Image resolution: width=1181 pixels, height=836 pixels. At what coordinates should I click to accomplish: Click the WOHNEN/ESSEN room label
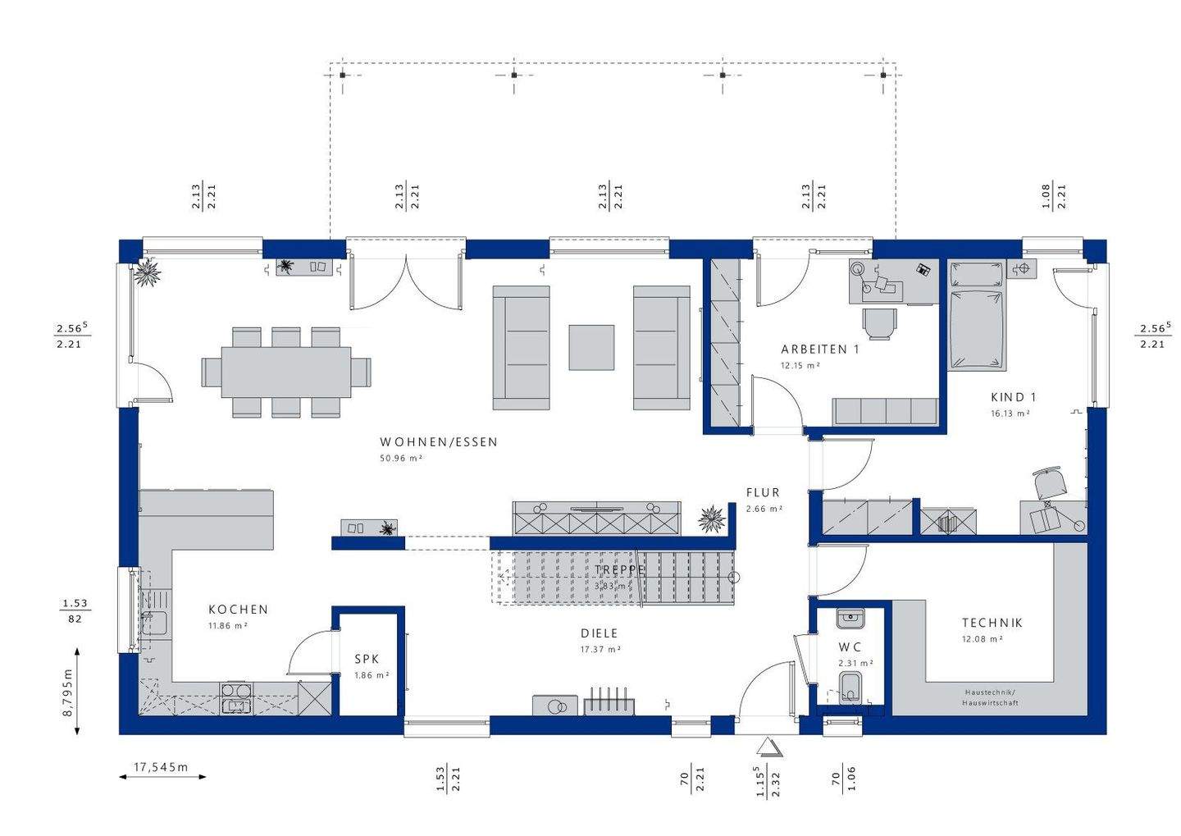pyautogui.click(x=438, y=442)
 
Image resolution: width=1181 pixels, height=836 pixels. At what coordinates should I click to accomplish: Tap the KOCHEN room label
pyautogui.click(x=238, y=610)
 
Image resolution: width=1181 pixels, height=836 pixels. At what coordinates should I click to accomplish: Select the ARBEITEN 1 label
pyautogui.click(x=819, y=349)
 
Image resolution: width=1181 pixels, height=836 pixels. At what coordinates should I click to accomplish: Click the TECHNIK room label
pyautogui.click(x=992, y=624)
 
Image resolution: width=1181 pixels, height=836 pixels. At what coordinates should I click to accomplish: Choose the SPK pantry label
pyautogui.click(x=367, y=659)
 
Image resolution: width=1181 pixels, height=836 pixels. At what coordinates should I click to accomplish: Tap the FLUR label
pyautogui.click(x=763, y=493)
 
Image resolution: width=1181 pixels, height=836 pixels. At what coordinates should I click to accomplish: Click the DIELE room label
pyautogui.click(x=599, y=633)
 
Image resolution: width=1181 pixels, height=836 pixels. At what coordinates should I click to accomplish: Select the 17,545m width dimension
pyautogui.click(x=161, y=768)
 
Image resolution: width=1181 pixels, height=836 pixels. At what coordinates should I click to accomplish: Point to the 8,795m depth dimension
pyautogui.click(x=68, y=692)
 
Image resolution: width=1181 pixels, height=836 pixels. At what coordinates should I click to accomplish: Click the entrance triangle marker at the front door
pyautogui.click(x=768, y=747)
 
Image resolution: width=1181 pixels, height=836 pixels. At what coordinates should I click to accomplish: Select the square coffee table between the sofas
pyautogui.click(x=591, y=347)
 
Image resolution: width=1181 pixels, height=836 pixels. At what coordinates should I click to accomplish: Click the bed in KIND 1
pyautogui.click(x=976, y=317)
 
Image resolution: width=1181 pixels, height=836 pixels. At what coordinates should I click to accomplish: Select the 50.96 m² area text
pyautogui.click(x=400, y=459)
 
